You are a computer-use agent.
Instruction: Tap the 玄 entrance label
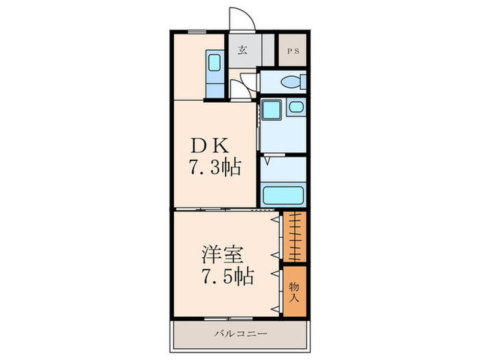pos(243,49)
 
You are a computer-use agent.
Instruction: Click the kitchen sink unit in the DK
pos(214,74)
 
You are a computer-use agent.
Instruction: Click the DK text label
pos(213,146)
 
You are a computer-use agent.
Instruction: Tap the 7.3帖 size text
pos(215,167)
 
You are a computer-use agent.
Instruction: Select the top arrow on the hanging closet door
pos(276,220)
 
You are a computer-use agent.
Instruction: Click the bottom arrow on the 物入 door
pos(276,309)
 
